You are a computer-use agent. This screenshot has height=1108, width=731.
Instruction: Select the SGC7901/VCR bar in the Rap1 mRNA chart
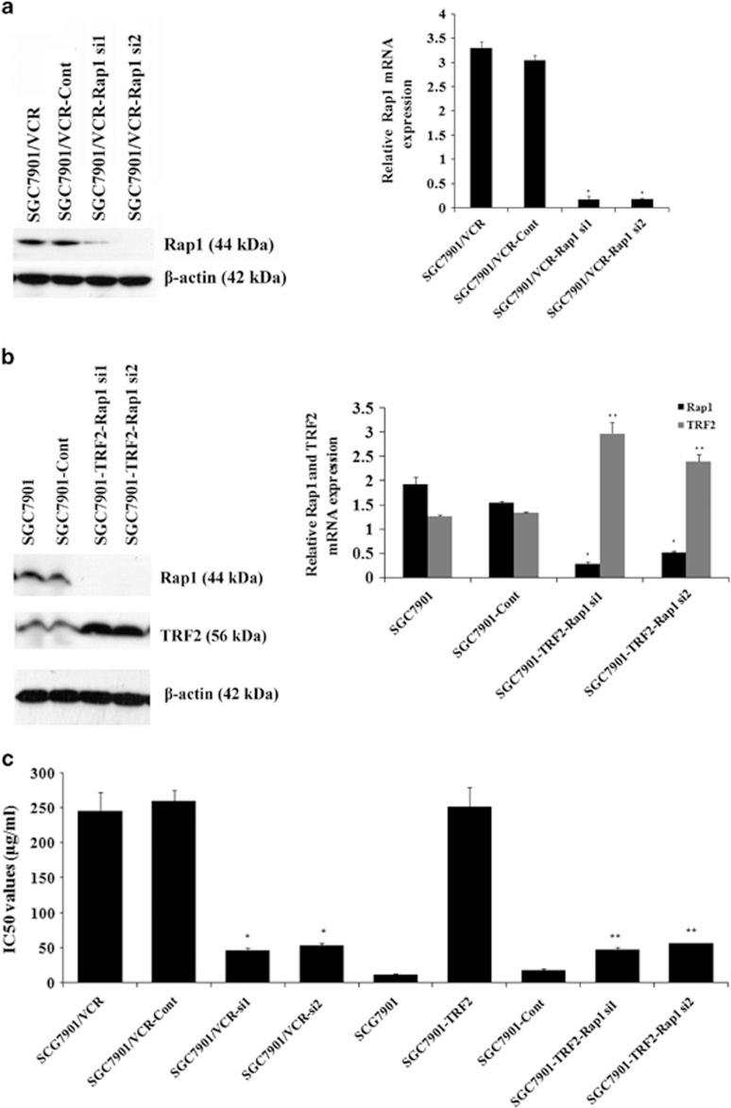pyautogui.click(x=481, y=127)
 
